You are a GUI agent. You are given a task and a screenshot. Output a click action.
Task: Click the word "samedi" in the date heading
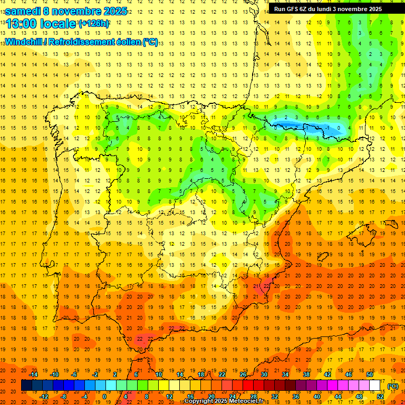pyautogui.click(x=23, y=11)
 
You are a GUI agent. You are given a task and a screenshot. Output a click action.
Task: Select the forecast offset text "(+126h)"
pyautogui.click(x=94, y=24)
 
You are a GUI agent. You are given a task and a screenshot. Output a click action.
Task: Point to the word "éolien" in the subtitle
pyautogui.click(x=126, y=42)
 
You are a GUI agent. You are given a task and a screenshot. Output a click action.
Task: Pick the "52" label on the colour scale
pyautogui.click(x=380, y=396)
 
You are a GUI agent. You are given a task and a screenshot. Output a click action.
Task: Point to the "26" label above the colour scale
pyautogui.click(x=243, y=374)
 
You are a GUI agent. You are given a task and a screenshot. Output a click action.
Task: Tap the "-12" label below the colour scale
pyautogui.click(x=44, y=396)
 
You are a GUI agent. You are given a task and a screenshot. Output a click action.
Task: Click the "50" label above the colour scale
pyautogui.click(x=369, y=374)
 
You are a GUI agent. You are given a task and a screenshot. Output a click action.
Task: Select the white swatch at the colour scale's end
pyautogui.click(x=375, y=385)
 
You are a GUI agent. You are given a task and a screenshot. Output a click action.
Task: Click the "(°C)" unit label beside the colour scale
pyautogui.click(x=393, y=386)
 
